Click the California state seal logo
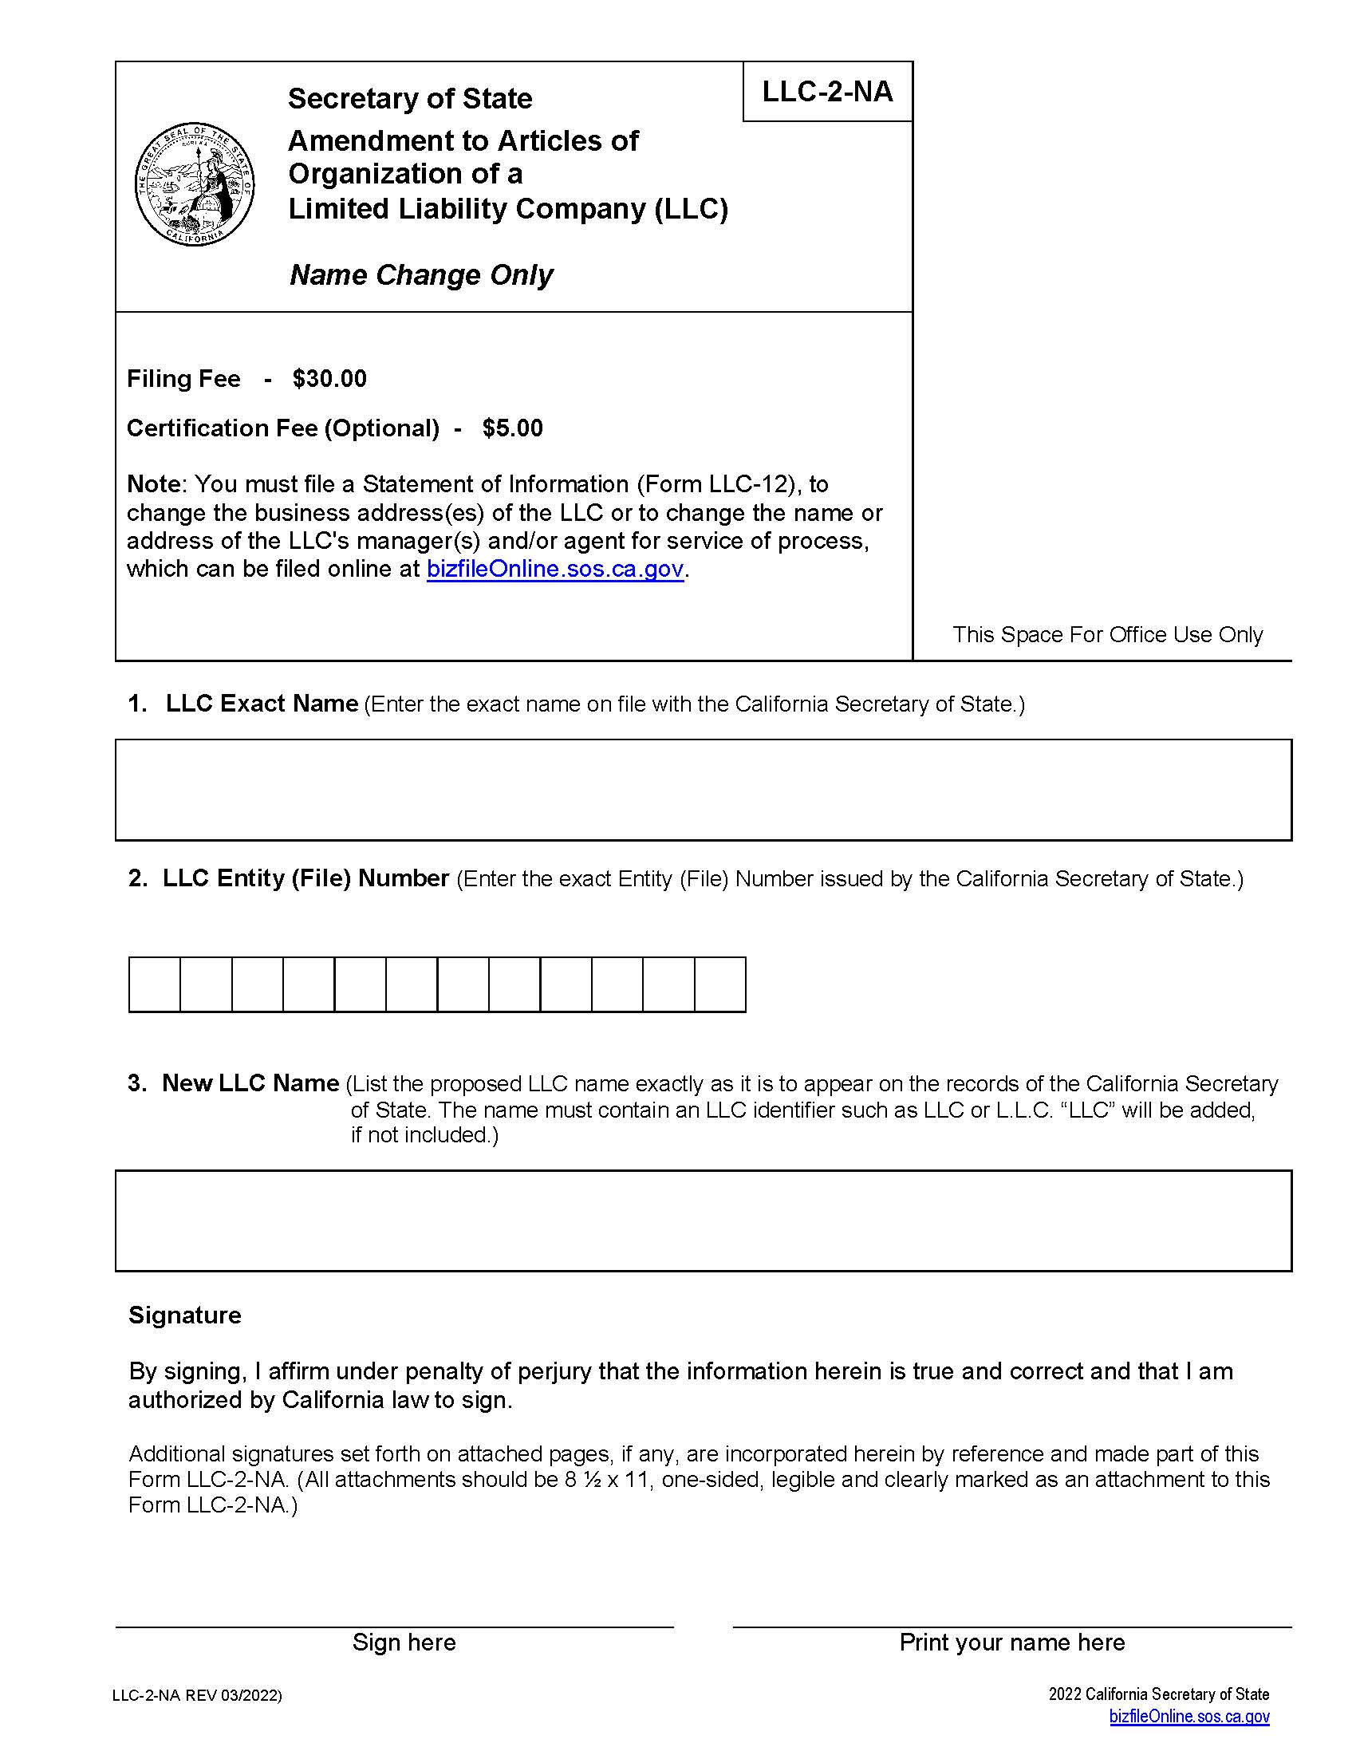click(x=195, y=184)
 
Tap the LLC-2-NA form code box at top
click(x=826, y=92)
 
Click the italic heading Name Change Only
click(x=421, y=275)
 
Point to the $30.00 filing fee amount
click(x=329, y=378)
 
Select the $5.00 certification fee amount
click(x=513, y=428)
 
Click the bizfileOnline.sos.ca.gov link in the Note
click(x=555, y=569)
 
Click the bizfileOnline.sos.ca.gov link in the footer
click(x=1189, y=1716)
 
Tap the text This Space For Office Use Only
click(x=1107, y=634)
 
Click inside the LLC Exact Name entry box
click(x=703, y=789)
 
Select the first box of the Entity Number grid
click(x=154, y=984)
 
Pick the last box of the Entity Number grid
click(x=719, y=984)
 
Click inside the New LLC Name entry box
click(x=703, y=1220)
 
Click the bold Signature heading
click(x=185, y=1315)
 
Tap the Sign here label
click(x=404, y=1642)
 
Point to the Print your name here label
click(x=1011, y=1642)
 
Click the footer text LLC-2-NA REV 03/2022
click(x=197, y=1695)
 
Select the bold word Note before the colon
click(x=153, y=483)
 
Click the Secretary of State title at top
click(x=410, y=98)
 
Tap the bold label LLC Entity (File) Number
click(x=305, y=877)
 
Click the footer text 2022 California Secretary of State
click(x=1158, y=1694)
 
